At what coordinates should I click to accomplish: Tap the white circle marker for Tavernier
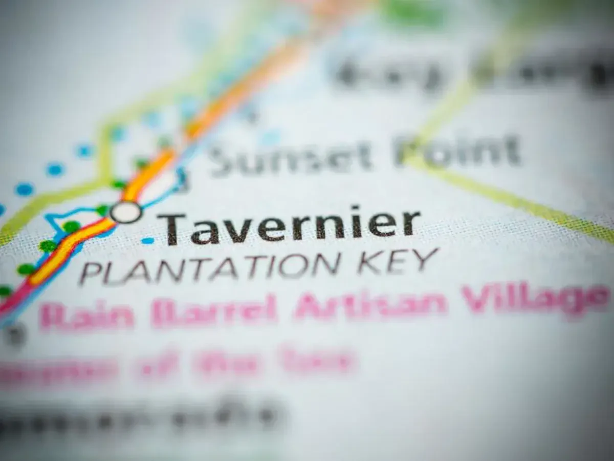click(126, 212)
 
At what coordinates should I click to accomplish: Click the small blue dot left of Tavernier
click(147, 240)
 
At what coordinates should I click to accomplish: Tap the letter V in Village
click(473, 299)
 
